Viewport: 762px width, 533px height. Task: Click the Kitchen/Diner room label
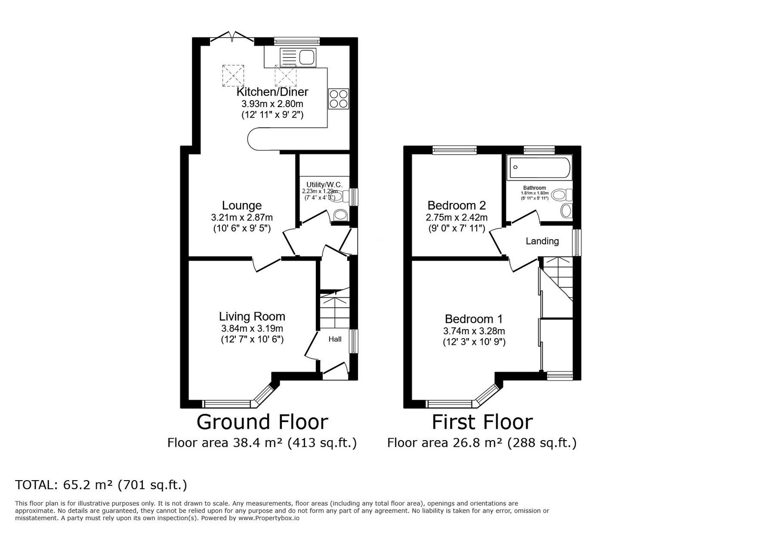272,92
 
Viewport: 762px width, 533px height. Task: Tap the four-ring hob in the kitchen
339,99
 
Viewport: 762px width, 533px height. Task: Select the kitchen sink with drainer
298,57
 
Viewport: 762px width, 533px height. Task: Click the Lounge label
242,205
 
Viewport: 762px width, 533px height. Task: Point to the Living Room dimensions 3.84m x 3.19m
252,329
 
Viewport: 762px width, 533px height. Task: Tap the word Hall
335,339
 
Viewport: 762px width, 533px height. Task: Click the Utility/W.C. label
324,185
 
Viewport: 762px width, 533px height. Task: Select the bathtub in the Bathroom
539,167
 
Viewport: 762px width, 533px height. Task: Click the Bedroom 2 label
457,205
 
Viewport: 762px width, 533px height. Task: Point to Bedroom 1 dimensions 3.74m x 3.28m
474,331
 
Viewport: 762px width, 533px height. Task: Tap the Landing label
542,241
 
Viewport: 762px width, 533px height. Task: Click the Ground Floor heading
262,422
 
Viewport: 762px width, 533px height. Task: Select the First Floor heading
482,422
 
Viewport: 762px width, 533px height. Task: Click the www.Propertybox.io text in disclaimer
269,518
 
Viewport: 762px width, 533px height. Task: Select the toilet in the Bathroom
562,195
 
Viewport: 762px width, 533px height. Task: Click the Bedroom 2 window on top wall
454,150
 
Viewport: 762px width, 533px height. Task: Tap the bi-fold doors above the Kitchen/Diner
232,38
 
